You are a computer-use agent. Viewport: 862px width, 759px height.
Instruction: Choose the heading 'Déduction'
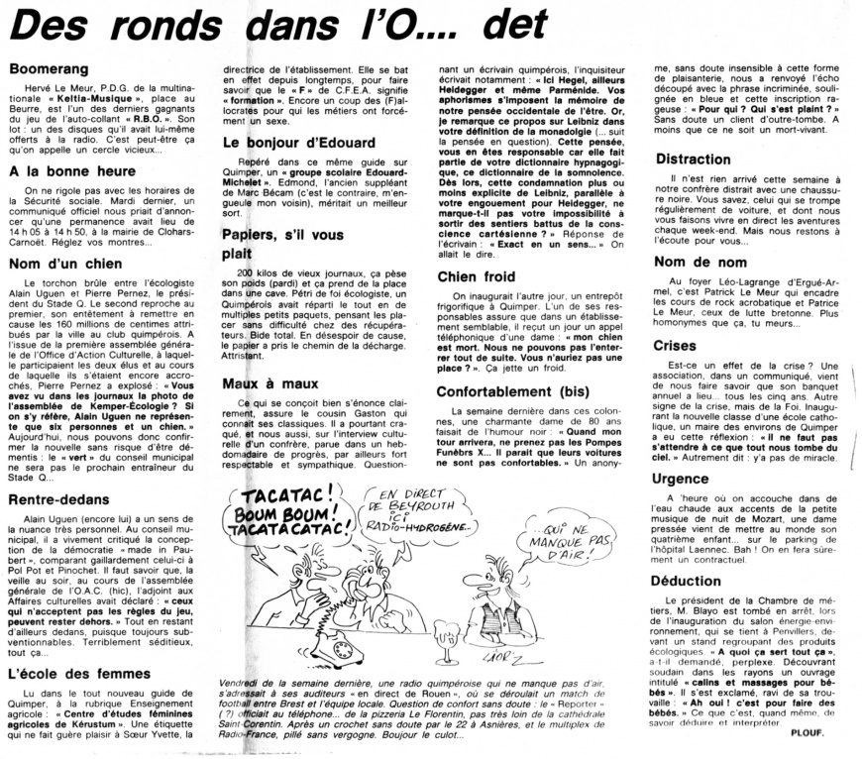(x=690, y=581)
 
